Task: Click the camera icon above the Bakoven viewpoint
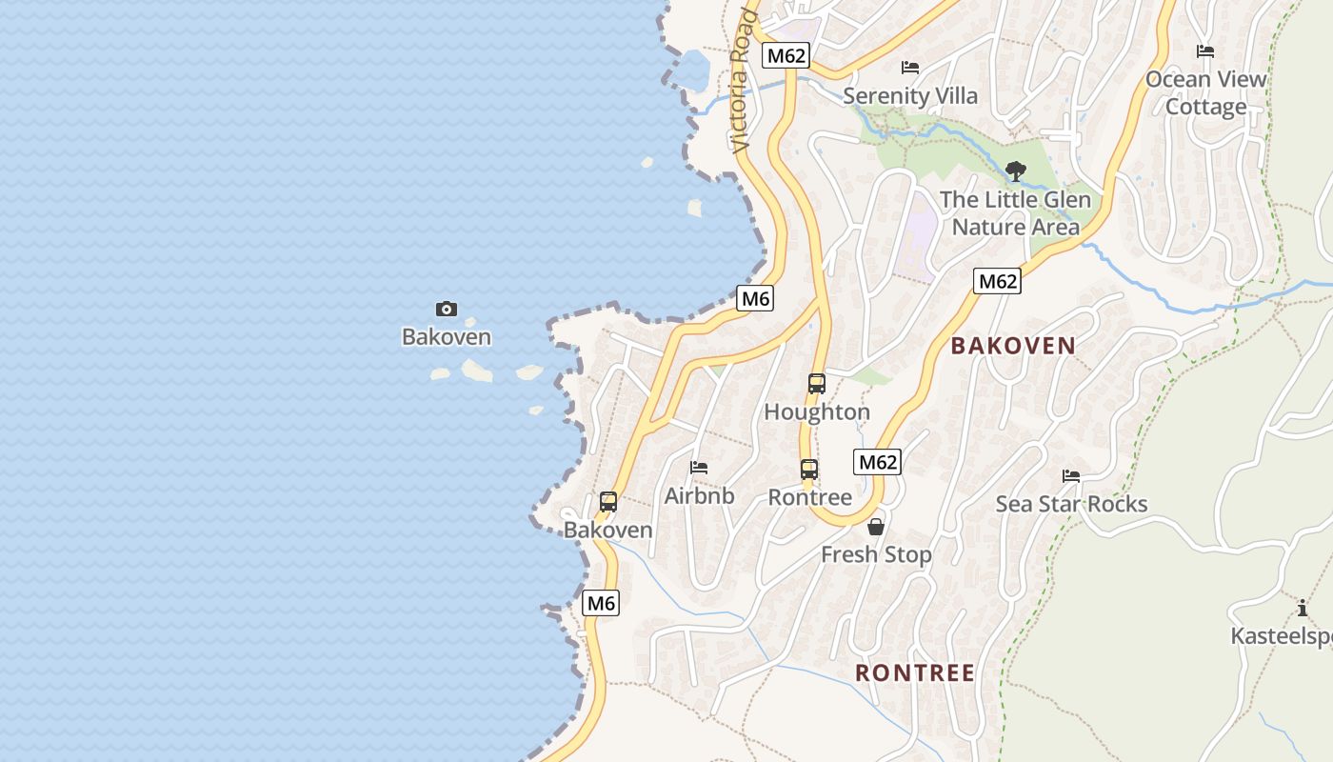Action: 446,309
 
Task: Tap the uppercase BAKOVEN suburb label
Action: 1013,346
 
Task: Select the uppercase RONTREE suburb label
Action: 914,673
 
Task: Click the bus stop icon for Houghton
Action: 816,384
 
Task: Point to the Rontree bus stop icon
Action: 808,470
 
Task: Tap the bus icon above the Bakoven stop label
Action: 607,502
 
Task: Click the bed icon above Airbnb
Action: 699,468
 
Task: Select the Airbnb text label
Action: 699,496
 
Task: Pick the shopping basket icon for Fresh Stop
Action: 876,527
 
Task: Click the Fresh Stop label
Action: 876,554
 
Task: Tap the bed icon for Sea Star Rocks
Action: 1071,476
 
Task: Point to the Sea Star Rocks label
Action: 1071,504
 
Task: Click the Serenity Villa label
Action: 910,96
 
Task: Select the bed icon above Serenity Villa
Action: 910,68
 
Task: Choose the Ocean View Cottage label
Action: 1206,92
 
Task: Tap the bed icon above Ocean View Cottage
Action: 1205,51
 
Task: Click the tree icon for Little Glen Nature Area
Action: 1015,172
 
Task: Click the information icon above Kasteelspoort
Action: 1302,609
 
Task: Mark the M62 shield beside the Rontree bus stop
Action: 877,463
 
